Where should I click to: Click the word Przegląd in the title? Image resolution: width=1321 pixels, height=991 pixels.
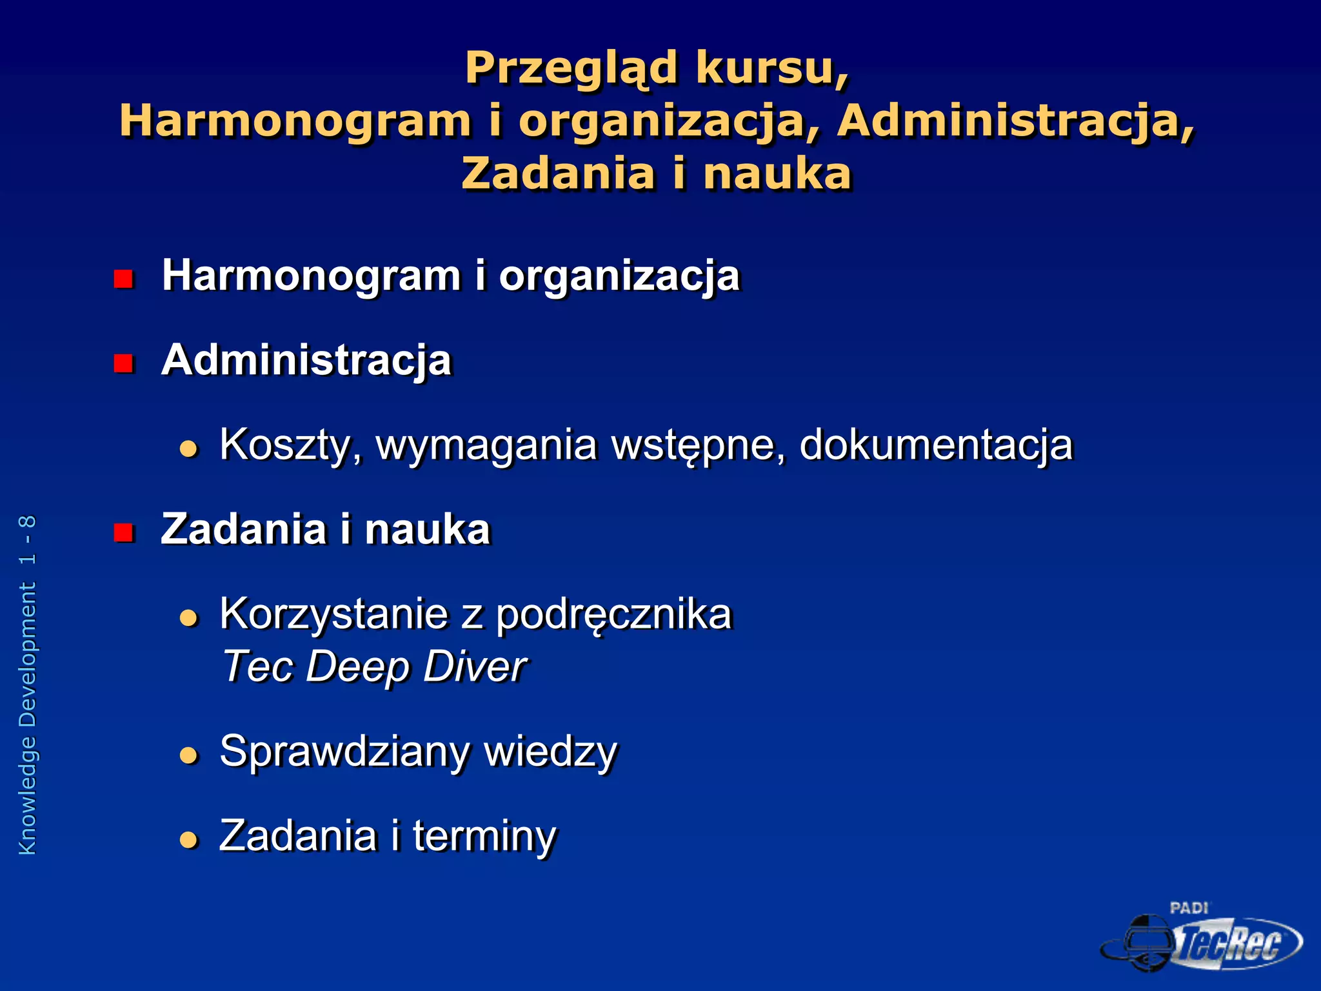571,68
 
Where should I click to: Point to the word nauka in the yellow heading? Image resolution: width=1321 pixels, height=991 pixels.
777,174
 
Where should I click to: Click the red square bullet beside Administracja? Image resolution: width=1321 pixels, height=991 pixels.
123,363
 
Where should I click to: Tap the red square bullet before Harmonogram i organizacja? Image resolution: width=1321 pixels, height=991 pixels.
123,279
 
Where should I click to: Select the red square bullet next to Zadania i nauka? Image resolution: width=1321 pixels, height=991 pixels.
123,532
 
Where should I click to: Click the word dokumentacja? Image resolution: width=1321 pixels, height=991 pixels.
936,445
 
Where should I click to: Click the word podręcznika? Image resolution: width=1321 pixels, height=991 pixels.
613,615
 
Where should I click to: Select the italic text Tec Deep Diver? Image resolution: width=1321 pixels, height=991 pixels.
374,666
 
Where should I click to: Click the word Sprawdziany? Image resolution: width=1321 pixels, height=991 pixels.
345,752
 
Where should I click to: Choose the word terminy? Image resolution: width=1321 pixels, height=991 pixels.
484,836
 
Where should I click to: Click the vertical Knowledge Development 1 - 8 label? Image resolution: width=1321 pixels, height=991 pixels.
28,685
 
